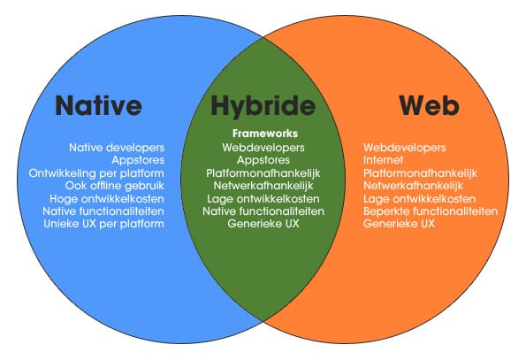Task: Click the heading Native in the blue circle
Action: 98,105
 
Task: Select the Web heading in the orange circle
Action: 429,105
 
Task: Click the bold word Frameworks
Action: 265,134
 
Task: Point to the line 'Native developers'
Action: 117,148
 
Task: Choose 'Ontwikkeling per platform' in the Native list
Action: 96,173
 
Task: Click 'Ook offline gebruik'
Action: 115,186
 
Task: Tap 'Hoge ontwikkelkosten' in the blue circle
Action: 107,199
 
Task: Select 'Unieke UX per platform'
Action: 104,224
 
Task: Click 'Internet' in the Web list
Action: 383,160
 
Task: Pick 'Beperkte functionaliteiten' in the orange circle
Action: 431,211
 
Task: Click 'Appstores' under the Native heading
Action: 138,160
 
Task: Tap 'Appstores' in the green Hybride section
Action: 263,160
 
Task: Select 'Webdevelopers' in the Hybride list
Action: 263,148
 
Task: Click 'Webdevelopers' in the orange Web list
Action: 405,148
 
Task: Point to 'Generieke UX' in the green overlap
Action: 263,224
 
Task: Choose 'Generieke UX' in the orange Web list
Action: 400,224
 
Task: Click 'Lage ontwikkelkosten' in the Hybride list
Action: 263,199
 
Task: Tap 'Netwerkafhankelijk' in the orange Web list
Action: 414,186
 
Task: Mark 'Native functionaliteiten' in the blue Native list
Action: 103,211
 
